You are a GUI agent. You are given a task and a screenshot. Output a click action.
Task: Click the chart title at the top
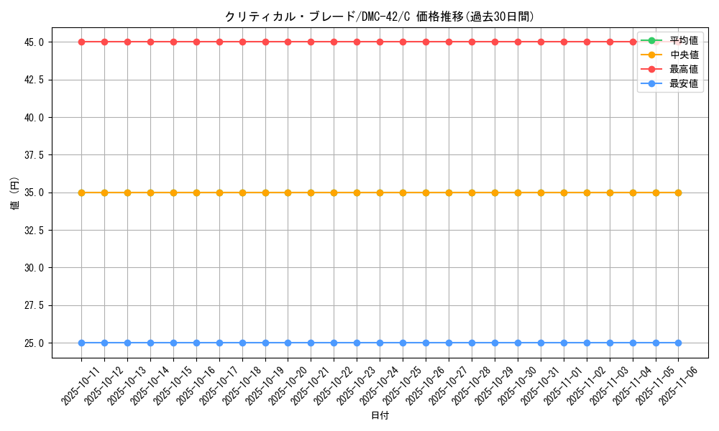click(x=380, y=17)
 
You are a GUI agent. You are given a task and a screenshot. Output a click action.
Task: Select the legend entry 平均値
click(x=683, y=40)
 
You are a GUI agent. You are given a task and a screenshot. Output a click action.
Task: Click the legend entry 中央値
click(x=683, y=55)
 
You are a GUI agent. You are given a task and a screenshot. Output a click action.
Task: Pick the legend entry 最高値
click(x=683, y=69)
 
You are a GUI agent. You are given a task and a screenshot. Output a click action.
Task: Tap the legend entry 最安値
click(x=683, y=83)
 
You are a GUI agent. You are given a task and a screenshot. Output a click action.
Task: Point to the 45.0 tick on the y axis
click(x=34, y=42)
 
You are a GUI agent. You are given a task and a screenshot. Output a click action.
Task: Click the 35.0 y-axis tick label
click(x=34, y=193)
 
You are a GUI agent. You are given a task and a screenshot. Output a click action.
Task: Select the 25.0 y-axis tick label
click(x=34, y=343)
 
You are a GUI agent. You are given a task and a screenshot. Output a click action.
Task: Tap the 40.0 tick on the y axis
click(x=34, y=117)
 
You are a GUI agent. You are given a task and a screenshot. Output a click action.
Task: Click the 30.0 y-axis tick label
click(x=34, y=268)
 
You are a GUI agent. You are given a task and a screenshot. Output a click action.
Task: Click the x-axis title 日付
click(x=380, y=416)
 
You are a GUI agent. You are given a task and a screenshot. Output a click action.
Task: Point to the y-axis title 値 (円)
click(x=14, y=193)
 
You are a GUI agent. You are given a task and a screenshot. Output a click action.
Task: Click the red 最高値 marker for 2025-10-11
click(x=81, y=42)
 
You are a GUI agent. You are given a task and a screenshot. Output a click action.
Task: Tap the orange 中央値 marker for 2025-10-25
click(x=403, y=193)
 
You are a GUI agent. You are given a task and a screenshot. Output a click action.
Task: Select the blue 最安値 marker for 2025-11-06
click(x=678, y=343)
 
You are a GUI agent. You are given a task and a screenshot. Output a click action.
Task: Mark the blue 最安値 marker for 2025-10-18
click(x=242, y=343)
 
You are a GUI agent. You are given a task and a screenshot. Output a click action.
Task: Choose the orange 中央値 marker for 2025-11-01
click(x=564, y=193)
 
